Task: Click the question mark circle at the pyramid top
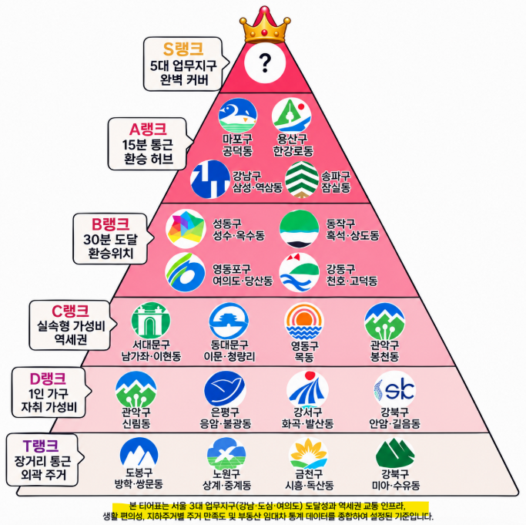(265, 62)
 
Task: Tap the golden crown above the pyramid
(265, 25)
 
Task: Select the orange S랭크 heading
(183, 49)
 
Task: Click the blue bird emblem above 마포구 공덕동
(237, 115)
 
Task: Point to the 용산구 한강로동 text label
(293, 145)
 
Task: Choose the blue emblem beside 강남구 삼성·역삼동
(210, 179)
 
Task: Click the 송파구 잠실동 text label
(336, 182)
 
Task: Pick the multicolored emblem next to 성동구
(186, 229)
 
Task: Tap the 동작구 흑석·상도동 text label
(352, 230)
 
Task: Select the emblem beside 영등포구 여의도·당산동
(185, 272)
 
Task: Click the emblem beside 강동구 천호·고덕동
(300, 272)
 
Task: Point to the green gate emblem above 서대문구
(151, 321)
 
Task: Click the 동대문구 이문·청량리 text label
(229, 350)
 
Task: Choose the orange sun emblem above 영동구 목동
(304, 321)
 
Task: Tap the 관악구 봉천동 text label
(384, 350)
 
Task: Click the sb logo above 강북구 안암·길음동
(395, 390)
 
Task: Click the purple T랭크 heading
(41, 446)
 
